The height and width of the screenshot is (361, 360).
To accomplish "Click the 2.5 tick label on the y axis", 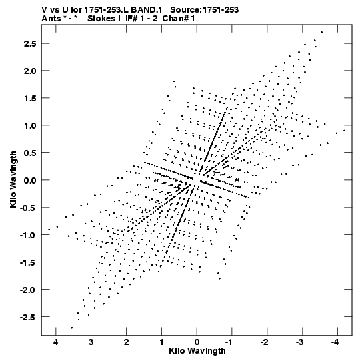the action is coord(30,44).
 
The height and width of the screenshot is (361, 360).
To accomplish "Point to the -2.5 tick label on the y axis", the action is coord(28,317).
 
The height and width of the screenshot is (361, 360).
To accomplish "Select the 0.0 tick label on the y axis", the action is coord(30,180).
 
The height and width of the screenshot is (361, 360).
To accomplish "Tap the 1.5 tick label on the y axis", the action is coord(30,98).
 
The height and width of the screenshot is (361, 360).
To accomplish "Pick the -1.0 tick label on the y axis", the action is coord(28,235).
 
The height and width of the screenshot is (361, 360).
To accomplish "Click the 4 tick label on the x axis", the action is coord(56,342).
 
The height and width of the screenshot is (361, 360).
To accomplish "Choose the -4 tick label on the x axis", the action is coord(335,342).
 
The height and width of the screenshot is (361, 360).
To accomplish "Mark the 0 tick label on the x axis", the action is coord(197,342).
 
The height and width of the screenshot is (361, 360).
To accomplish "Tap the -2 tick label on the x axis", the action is coord(264,342).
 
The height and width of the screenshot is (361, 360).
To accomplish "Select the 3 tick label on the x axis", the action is coord(91,342).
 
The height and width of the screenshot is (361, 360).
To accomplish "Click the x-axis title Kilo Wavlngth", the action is coord(197,351).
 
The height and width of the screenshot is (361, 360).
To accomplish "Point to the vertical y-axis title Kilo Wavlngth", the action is coord(13,179).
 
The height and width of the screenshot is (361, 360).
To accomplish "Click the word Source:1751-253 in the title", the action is coord(204,10).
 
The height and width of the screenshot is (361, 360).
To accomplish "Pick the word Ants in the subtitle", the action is coord(51,19).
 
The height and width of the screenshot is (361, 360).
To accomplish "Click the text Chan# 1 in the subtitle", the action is coord(179,19).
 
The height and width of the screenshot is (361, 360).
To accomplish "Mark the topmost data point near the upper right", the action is coord(321,32).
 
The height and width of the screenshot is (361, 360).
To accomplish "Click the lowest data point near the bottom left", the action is coord(72,328).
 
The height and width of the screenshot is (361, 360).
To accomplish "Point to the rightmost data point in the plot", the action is coord(345,131).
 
